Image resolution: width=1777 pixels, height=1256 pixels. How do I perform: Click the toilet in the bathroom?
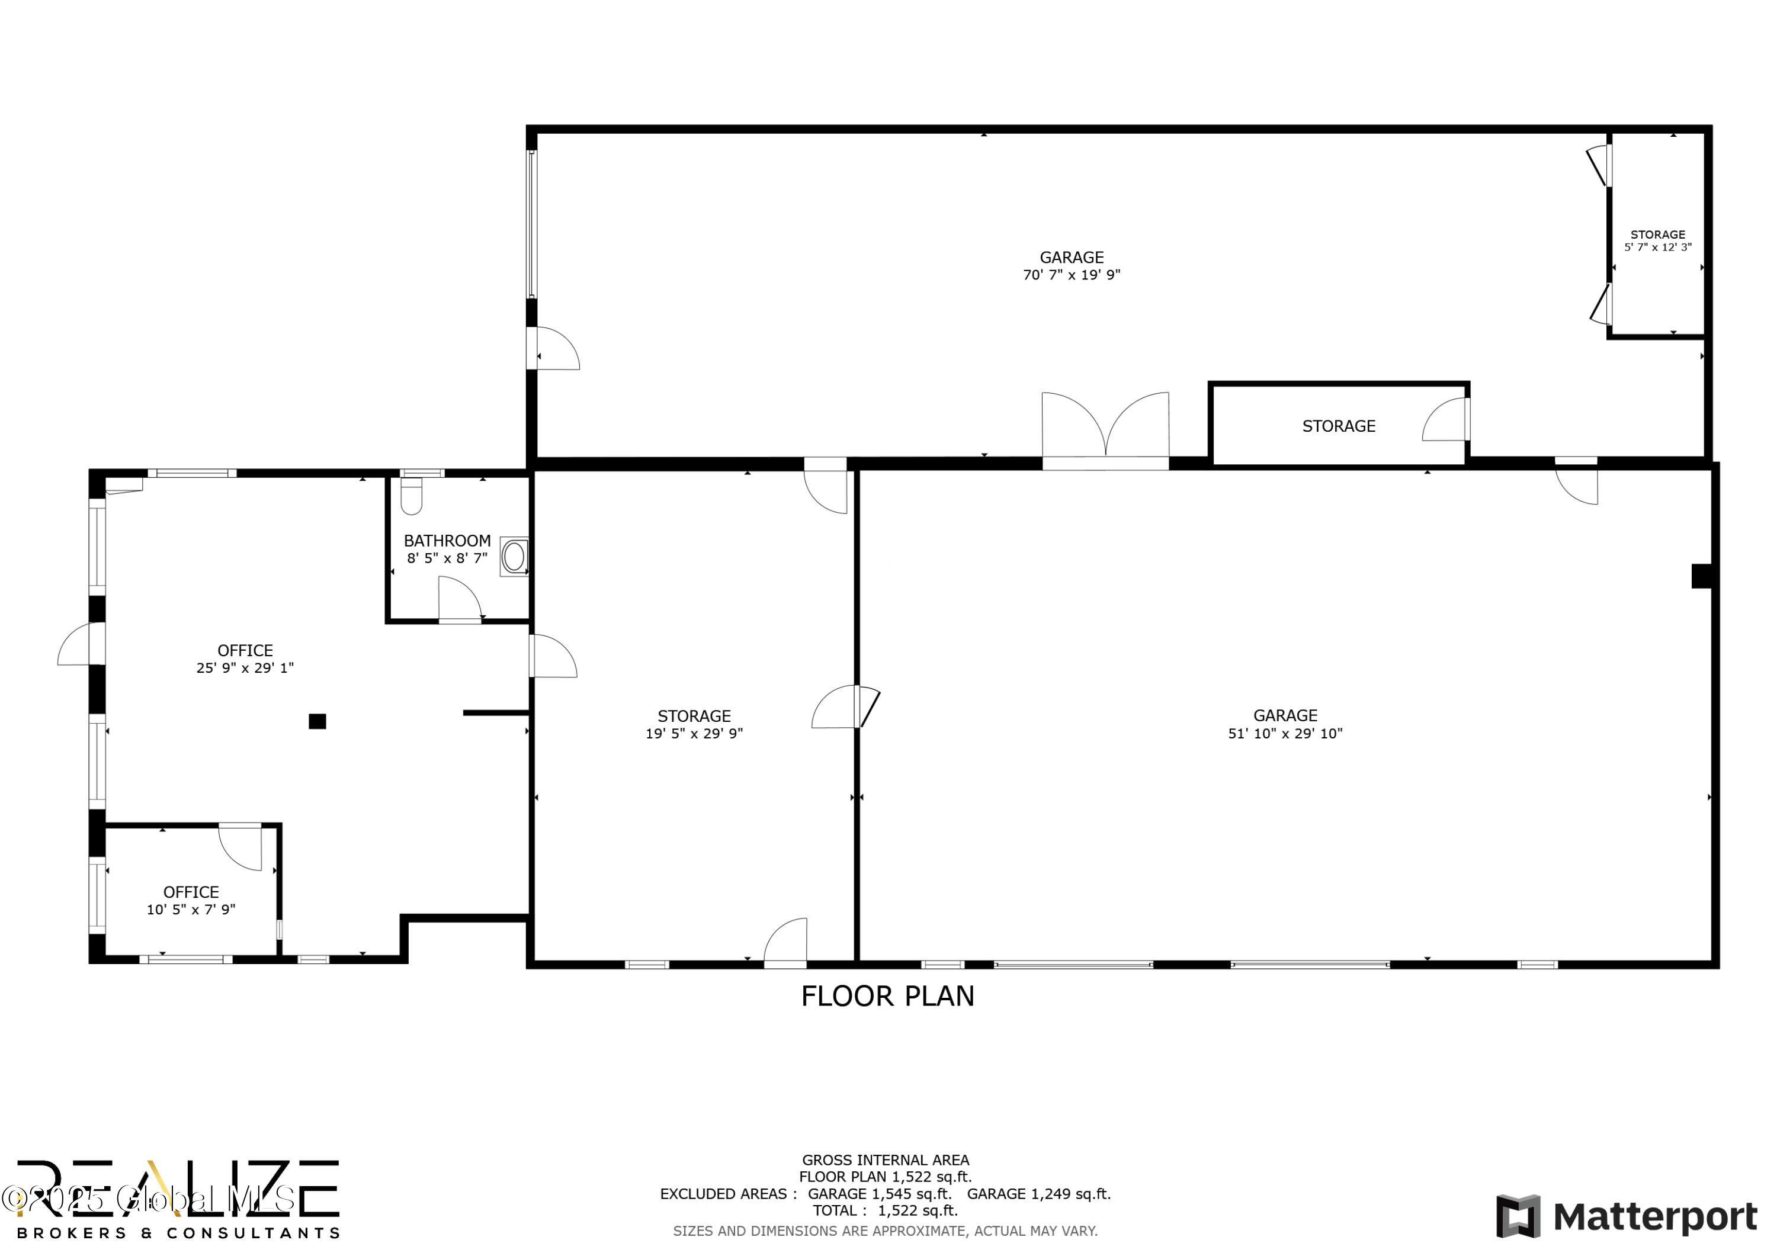point(411,496)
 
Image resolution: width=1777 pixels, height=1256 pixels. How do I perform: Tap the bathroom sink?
point(514,557)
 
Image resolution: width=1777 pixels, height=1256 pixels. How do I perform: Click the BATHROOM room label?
point(447,541)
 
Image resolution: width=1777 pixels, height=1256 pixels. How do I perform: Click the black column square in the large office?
point(317,721)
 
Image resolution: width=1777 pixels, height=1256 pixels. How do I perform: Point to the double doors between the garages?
point(1105,428)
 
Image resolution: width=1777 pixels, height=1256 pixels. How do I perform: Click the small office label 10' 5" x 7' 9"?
point(191,910)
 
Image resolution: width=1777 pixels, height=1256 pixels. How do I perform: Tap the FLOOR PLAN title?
point(888,996)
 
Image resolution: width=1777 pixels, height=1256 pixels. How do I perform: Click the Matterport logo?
point(1626,1216)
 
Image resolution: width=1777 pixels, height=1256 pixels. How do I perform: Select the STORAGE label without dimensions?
point(1338,426)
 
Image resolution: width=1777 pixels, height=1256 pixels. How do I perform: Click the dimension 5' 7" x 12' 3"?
point(1658,248)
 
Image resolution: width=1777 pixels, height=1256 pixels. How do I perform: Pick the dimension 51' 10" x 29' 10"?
point(1285,734)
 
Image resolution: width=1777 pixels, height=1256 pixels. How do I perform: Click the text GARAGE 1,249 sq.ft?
point(1038,1194)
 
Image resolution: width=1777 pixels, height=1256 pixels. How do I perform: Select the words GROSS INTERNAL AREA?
point(886,1160)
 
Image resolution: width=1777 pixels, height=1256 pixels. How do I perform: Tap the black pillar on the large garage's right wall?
point(1701,576)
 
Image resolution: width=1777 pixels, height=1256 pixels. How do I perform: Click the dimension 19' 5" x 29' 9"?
point(694,734)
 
